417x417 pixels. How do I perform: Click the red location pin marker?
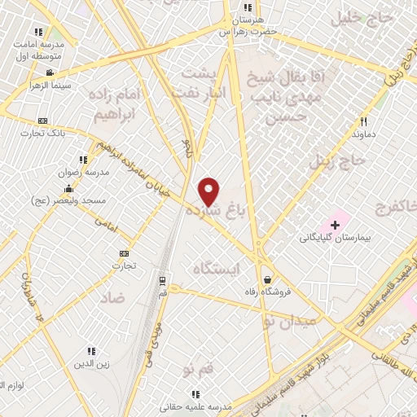209,191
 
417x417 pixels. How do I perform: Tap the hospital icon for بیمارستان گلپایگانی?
334,224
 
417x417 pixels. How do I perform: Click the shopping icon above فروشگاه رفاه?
266,279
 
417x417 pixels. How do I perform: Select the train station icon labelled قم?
163,279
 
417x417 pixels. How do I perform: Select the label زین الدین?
91,364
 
